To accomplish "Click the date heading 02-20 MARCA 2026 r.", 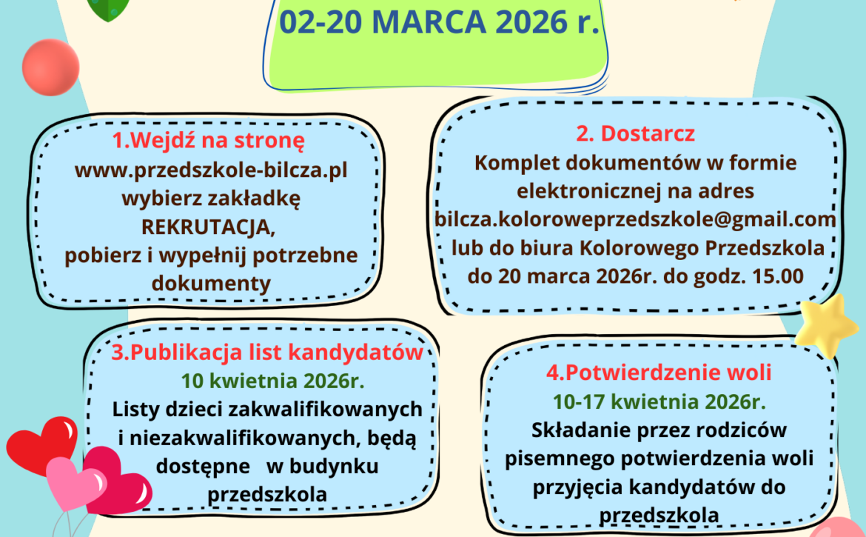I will click(x=440, y=21).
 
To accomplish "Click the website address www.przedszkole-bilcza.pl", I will click(x=211, y=170).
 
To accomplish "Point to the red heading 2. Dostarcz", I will click(x=635, y=134).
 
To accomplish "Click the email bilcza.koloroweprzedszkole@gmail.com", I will click(x=635, y=219).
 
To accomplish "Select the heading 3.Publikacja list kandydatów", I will click(x=267, y=352).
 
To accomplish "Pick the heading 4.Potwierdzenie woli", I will click(x=659, y=372).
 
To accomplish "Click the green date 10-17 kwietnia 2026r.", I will click(x=659, y=401).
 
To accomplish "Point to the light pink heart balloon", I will click(x=74, y=481).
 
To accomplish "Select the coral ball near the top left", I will click(x=50, y=67).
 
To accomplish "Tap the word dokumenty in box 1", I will click(x=211, y=283).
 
